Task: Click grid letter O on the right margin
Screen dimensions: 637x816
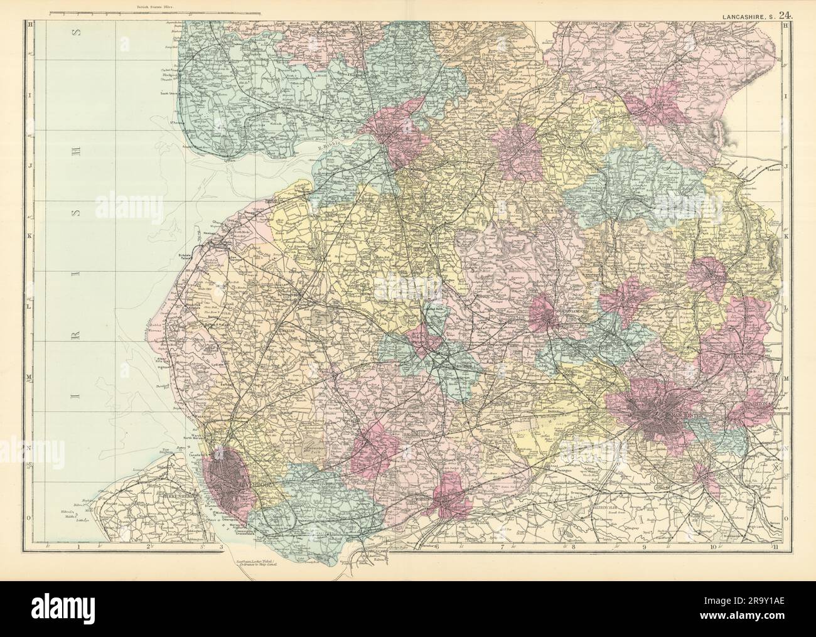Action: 786,518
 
